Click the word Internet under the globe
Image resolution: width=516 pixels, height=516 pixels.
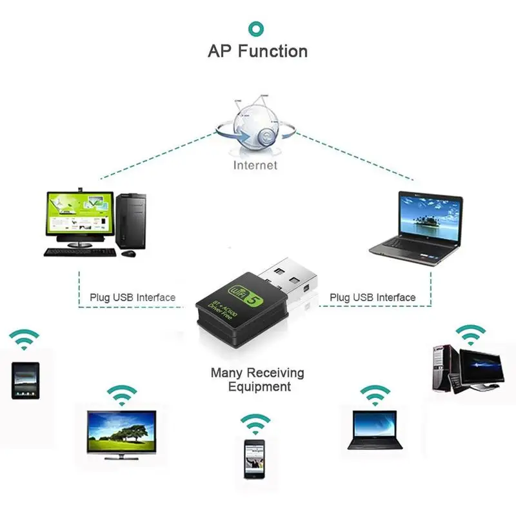pyautogui.click(x=255, y=165)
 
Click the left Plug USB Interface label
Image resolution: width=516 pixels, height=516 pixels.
pyautogui.click(x=132, y=297)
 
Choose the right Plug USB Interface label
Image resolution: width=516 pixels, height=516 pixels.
pyautogui.click(x=372, y=297)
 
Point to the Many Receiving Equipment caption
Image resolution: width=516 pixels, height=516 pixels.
pyautogui.click(x=257, y=380)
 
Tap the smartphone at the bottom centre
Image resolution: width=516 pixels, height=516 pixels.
pyautogui.click(x=255, y=458)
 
